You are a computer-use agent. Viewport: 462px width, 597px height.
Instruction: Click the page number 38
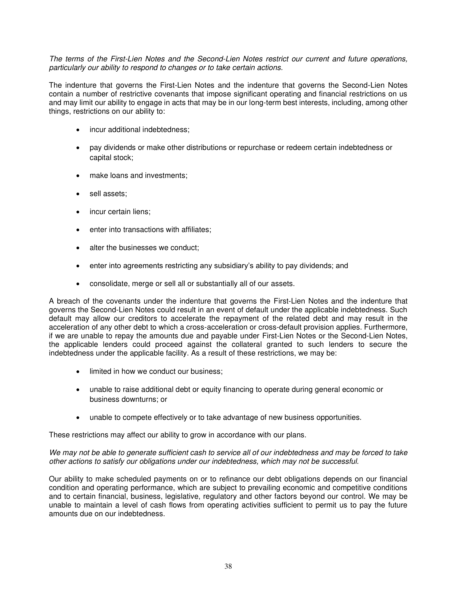click(228, 566)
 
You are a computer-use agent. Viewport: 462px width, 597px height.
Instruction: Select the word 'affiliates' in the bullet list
click(196, 230)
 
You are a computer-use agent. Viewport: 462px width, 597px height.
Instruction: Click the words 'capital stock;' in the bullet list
click(111, 158)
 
